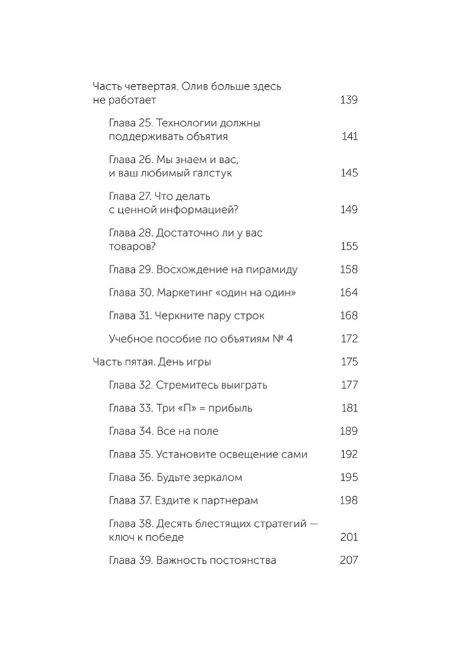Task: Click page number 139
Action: point(349,100)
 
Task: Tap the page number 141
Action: point(349,136)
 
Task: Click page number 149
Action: point(349,210)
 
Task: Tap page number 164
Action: point(349,293)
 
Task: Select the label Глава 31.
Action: point(130,315)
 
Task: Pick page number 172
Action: point(349,339)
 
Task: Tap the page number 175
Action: point(349,361)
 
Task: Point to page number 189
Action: point(349,431)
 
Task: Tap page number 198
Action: point(349,500)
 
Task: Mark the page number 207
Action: point(349,560)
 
